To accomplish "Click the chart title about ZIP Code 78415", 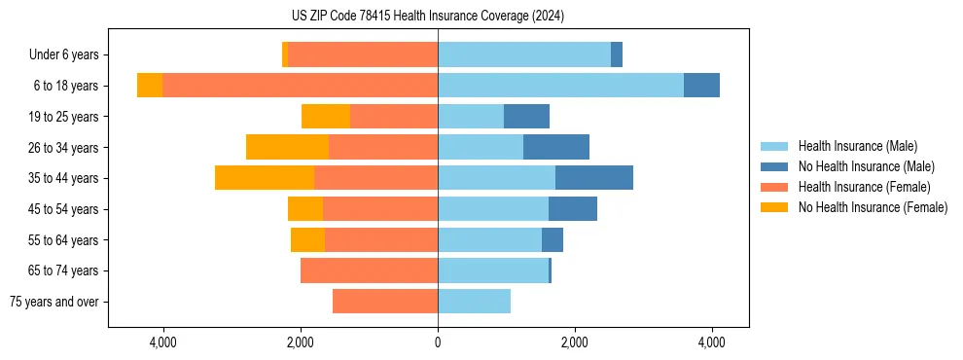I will coord(428,17).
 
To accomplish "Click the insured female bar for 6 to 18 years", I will coord(300,86).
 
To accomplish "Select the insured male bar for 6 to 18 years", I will coord(560,86).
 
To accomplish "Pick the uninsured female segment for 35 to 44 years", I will coord(265,178).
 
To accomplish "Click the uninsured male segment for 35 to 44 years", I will coord(594,178).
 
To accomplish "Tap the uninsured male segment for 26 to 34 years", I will coord(556,147).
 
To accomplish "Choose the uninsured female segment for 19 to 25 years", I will coord(326,117).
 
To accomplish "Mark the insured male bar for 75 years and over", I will coord(474,302).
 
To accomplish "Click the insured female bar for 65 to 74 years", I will coord(369,270).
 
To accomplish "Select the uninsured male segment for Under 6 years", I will coord(617,55).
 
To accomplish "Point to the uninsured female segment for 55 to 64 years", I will coord(307,239).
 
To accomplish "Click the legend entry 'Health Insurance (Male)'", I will coord(857,146).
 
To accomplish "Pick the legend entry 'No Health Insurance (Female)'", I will coord(873,207).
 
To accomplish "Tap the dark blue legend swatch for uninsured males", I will coord(774,166).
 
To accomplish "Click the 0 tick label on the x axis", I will coord(438,342).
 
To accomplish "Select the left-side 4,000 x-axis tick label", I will coord(162,342).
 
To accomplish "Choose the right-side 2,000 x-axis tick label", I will coord(575,342).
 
